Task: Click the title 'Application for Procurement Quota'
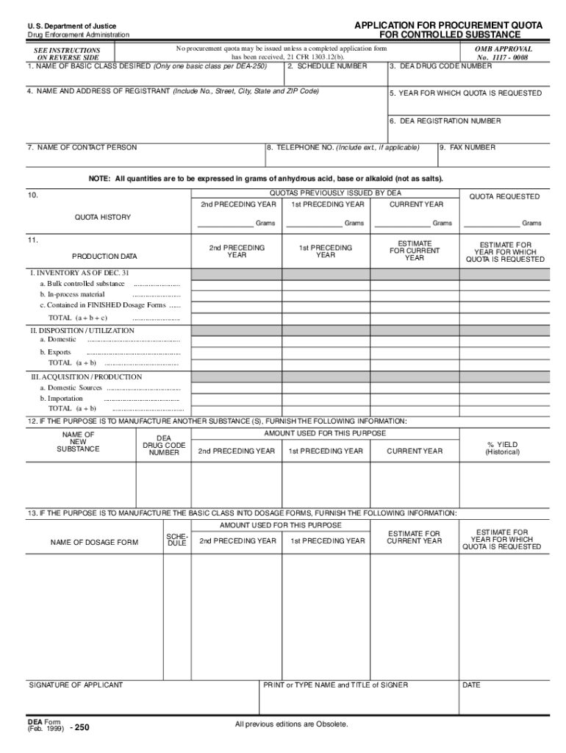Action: coord(448,26)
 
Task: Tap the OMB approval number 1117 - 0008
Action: coord(504,57)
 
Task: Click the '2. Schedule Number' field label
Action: coord(327,66)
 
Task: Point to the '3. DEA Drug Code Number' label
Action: coord(441,66)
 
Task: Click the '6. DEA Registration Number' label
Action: coord(445,121)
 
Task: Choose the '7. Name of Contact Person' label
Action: coord(82,147)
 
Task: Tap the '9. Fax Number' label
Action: coord(468,147)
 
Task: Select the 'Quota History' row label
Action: coord(103,217)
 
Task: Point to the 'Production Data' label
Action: coord(104,257)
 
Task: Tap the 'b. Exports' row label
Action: coord(56,352)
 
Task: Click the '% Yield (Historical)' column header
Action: coord(502,448)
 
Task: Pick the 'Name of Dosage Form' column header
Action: coord(94,543)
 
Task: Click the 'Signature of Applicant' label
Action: coord(76,685)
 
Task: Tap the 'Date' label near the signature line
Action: coord(471,685)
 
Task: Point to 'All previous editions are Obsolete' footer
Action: coord(291,724)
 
